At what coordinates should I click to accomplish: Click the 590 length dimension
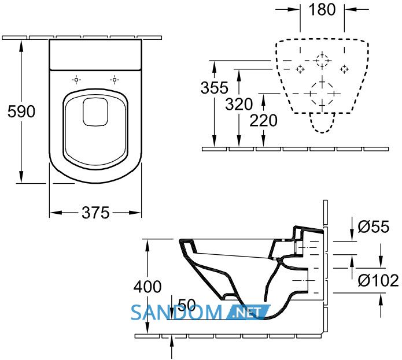(x=21, y=112)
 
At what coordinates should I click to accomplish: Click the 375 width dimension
(x=95, y=213)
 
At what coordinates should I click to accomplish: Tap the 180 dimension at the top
(x=322, y=9)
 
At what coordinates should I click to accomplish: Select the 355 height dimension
(x=215, y=88)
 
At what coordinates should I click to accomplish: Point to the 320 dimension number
(x=239, y=104)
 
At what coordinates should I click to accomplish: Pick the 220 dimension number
(x=263, y=121)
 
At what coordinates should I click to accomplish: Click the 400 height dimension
(x=147, y=287)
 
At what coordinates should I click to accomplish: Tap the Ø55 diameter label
(x=373, y=227)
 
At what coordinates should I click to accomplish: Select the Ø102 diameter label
(x=378, y=280)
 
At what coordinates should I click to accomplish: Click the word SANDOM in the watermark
(x=176, y=313)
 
